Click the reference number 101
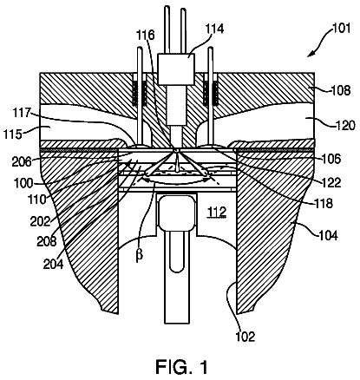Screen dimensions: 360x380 click(x=342, y=29)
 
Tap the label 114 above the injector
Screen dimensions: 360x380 click(x=214, y=29)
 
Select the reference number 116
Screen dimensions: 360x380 click(x=146, y=36)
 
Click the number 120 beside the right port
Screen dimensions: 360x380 click(x=345, y=126)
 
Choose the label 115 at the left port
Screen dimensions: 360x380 click(x=12, y=134)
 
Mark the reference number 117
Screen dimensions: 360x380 click(x=21, y=113)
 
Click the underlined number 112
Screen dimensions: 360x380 click(x=218, y=213)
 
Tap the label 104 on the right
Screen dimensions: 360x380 click(x=328, y=236)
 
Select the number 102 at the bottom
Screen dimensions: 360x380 click(x=245, y=337)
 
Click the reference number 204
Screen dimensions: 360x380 click(x=53, y=265)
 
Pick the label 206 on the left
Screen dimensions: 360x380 click(x=21, y=162)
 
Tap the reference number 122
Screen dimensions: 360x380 click(x=332, y=182)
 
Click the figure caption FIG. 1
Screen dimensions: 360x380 click(x=181, y=367)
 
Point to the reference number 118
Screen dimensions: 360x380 click(x=324, y=203)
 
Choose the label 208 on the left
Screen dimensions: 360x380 click(x=46, y=241)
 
